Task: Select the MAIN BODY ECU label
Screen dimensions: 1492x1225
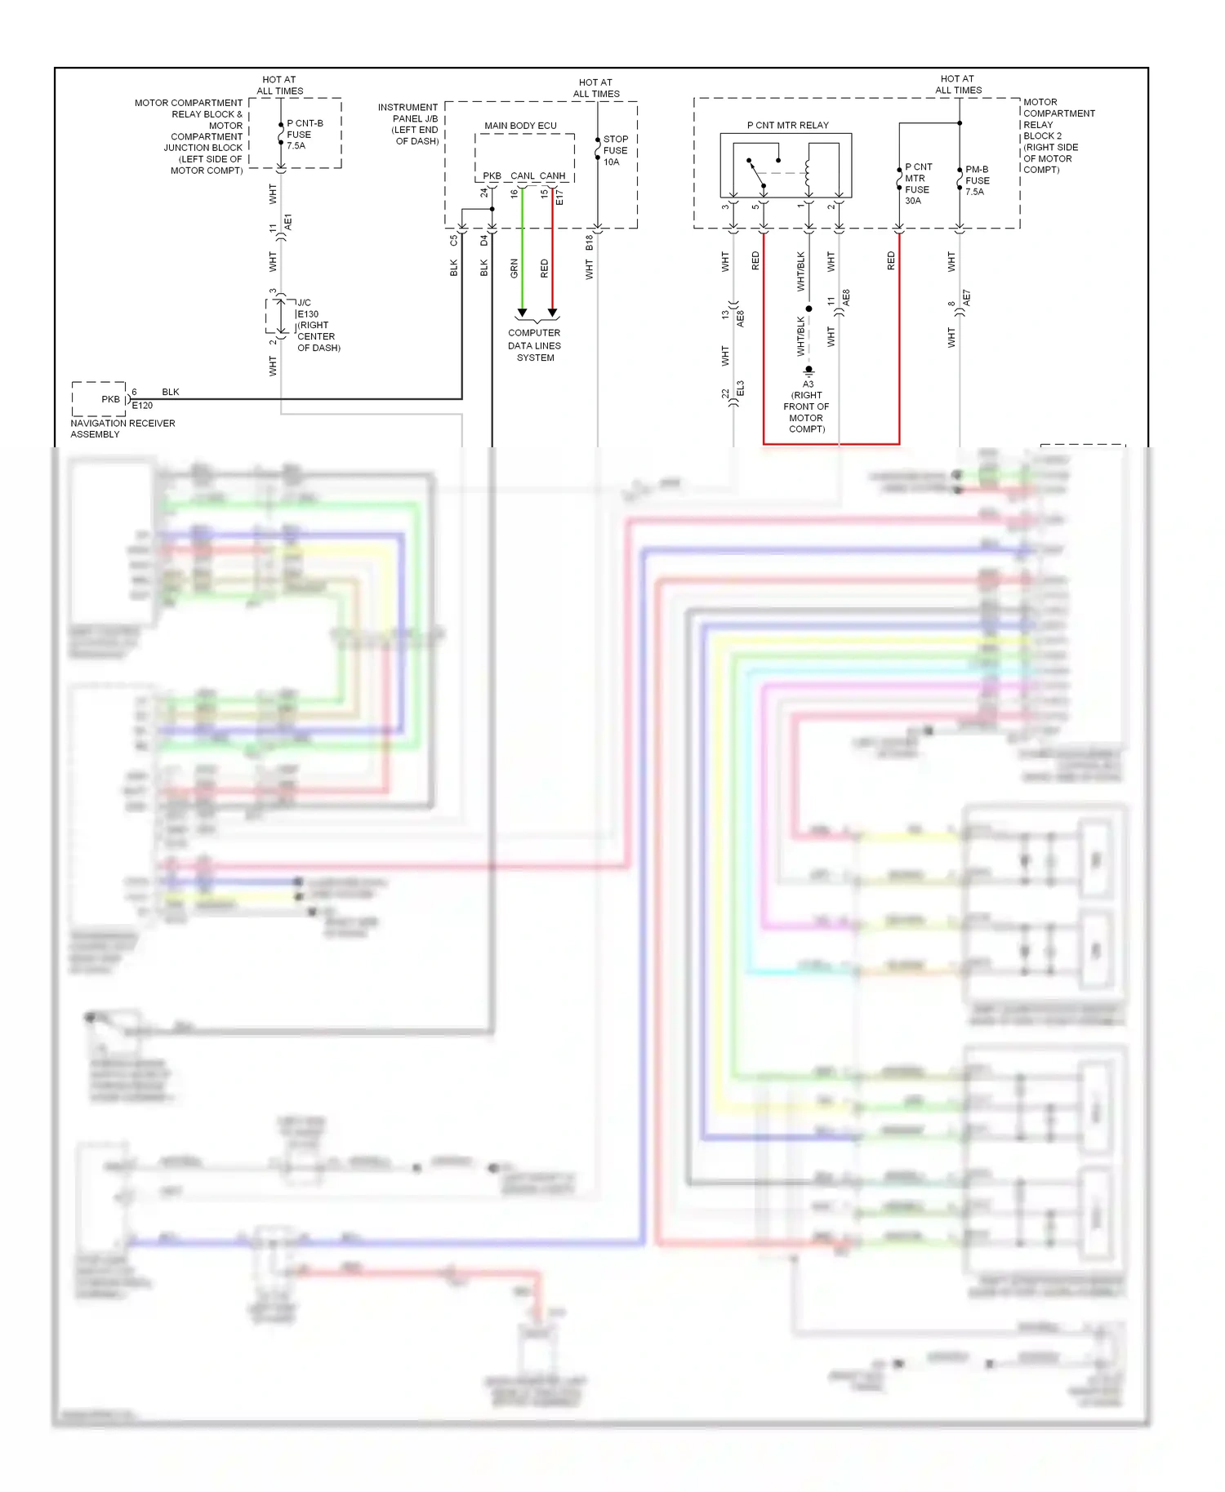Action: tap(520, 126)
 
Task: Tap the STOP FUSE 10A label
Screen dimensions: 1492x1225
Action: tap(615, 151)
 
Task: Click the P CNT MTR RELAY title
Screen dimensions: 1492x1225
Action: tap(787, 125)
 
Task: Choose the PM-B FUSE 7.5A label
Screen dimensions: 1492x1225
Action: tap(977, 180)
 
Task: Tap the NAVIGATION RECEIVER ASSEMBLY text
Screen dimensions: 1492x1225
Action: tap(122, 429)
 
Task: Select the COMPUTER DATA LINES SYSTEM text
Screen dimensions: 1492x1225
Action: tap(535, 345)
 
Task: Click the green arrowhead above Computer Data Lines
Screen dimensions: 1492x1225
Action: tap(523, 313)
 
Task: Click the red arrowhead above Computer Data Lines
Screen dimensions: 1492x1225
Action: tap(553, 313)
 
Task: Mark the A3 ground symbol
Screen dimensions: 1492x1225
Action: tap(808, 371)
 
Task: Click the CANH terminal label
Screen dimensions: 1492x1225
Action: tap(552, 175)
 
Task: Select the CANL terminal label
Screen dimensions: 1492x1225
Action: tap(523, 175)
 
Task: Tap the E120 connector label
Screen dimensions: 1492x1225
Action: tap(143, 406)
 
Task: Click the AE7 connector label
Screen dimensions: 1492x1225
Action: tap(967, 298)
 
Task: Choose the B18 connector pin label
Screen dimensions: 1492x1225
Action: tap(589, 242)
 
